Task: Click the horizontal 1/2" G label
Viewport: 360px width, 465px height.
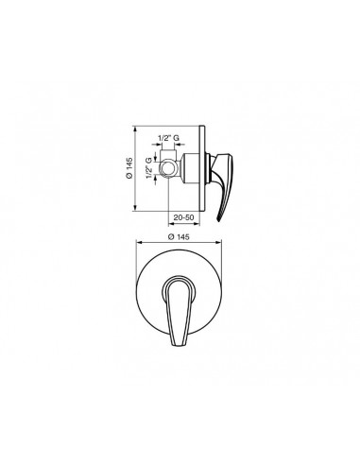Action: tap(168, 138)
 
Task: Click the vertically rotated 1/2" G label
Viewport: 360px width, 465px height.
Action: tap(149, 168)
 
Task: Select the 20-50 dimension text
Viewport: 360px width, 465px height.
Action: tap(183, 217)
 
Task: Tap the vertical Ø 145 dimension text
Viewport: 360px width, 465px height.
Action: tap(129, 168)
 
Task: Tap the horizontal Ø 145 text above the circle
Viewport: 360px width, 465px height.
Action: tap(179, 237)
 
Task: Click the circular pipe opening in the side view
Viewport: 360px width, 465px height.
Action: tap(167, 168)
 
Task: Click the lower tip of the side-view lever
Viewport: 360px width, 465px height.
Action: tap(219, 221)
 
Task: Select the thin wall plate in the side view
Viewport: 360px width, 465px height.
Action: tap(202, 168)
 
